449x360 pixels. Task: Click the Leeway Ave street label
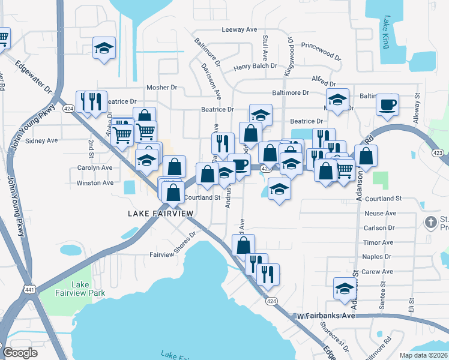[240, 29]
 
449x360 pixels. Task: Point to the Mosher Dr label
[166, 88]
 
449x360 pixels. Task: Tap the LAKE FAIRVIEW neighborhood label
[161, 214]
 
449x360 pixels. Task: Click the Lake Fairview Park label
[88, 289]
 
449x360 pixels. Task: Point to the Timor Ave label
[378, 242]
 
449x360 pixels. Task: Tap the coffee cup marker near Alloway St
[387, 104]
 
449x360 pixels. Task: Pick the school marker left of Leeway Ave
[104, 49]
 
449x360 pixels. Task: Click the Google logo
[20, 353]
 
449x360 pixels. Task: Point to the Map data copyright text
[423, 355]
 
